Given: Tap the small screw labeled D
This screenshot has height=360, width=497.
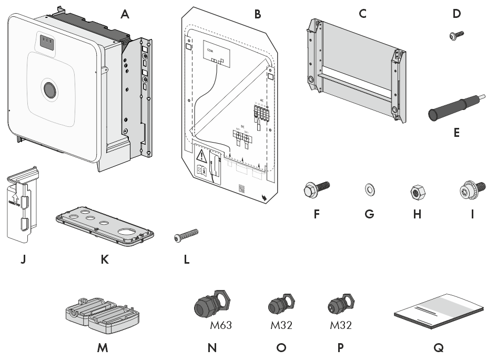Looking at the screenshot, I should [453, 36].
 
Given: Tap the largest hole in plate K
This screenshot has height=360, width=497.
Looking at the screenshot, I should [128, 232].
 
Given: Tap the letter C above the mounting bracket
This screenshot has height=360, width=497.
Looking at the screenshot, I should [362, 14].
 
